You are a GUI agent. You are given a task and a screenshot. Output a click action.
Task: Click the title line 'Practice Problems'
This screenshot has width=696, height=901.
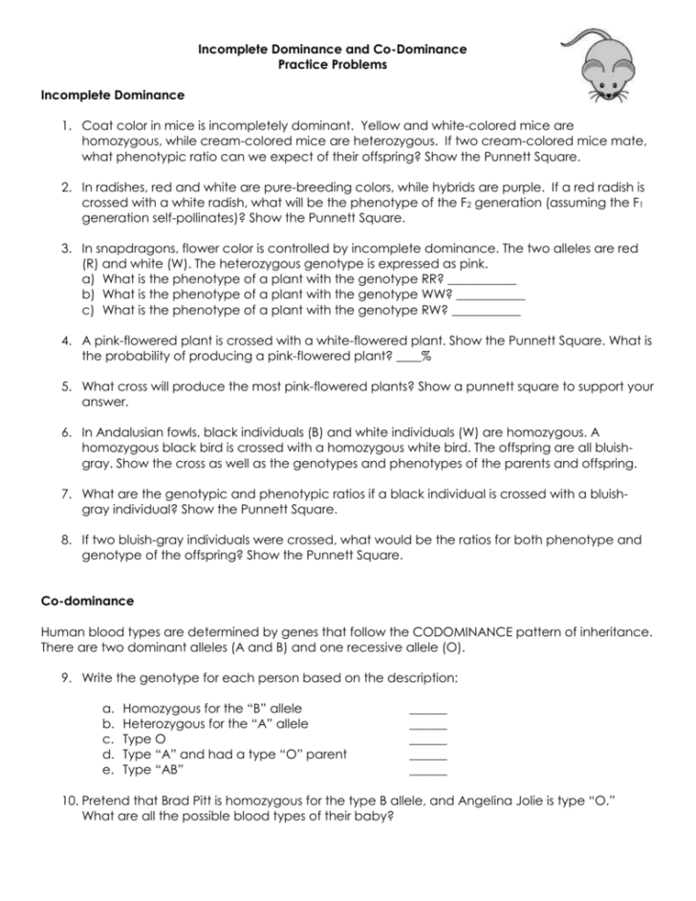[x=332, y=65]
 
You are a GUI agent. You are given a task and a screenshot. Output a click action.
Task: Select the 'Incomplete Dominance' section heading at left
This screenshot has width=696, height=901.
[x=112, y=96]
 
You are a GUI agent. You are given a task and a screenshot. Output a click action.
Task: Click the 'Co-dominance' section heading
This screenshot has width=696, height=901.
[x=87, y=601]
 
